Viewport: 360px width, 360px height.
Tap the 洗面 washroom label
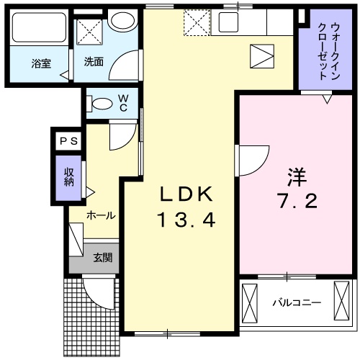pyautogui.click(x=94, y=62)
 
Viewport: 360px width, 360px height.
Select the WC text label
pyautogui.click(x=123, y=103)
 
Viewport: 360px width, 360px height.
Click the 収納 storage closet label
pyautogui.click(x=69, y=176)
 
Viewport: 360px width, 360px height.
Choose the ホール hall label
pyautogui.click(x=101, y=215)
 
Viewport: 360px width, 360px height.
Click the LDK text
pyautogui.click(x=186, y=194)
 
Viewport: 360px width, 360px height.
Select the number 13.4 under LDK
pyautogui.click(x=186, y=220)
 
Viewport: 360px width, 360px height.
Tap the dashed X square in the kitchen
pyautogui.click(x=196, y=23)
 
